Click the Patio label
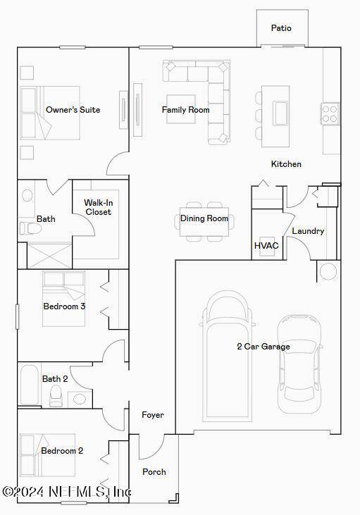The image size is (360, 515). [281, 28]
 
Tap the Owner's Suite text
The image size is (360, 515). [73, 110]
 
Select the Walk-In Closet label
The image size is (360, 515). [98, 207]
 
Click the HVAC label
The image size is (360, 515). [266, 245]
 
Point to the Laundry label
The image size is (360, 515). [308, 231]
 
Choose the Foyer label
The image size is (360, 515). [153, 415]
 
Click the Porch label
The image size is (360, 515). [154, 471]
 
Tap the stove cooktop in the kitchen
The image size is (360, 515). [330, 113]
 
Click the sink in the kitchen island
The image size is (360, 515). [280, 113]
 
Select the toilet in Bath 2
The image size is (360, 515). [55, 395]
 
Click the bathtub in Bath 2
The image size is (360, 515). [29, 385]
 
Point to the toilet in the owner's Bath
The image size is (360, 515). [30, 228]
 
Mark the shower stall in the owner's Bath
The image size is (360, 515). [49, 256]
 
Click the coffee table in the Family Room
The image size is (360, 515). [180, 109]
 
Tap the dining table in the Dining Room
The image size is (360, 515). [204, 222]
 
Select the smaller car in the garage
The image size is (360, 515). [299, 364]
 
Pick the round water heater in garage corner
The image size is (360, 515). [328, 272]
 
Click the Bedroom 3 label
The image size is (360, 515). [64, 306]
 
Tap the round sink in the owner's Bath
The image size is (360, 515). [27, 195]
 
